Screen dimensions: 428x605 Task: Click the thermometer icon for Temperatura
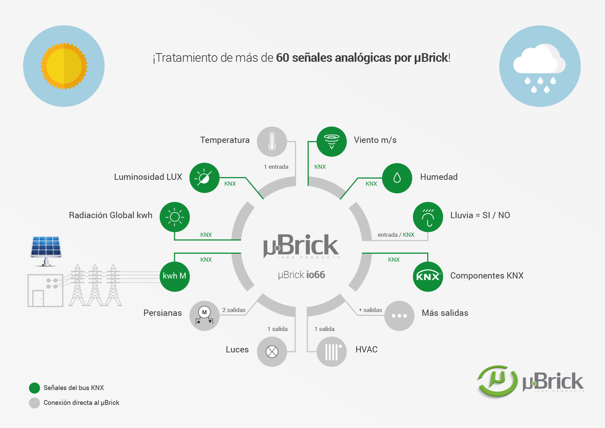click(272, 142)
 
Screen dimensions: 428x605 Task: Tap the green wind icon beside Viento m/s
click(331, 142)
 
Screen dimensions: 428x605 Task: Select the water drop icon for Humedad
click(397, 178)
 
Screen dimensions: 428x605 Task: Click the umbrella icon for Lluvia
click(428, 217)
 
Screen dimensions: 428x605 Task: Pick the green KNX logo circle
click(428, 276)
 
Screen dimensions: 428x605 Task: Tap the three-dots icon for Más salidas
click(399, 316)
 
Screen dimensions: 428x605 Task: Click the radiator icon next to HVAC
click(331, 352)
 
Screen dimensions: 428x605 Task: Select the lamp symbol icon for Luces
click(272, 352)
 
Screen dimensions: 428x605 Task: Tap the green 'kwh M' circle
click(175, 276)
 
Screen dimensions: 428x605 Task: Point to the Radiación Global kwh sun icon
click(175, 217)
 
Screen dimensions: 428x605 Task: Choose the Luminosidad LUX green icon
click(204, 178)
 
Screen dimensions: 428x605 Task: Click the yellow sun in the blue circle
click(64, 66)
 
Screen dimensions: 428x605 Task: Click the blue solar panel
click(46, 247)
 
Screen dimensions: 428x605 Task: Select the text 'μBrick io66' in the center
click(301, 275)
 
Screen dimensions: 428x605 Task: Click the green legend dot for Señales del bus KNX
click(34, 388)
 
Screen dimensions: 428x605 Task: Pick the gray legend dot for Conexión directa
click(34, 403)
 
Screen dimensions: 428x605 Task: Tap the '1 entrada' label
click(276, 167)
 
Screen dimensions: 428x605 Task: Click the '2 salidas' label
click(234, 310)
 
